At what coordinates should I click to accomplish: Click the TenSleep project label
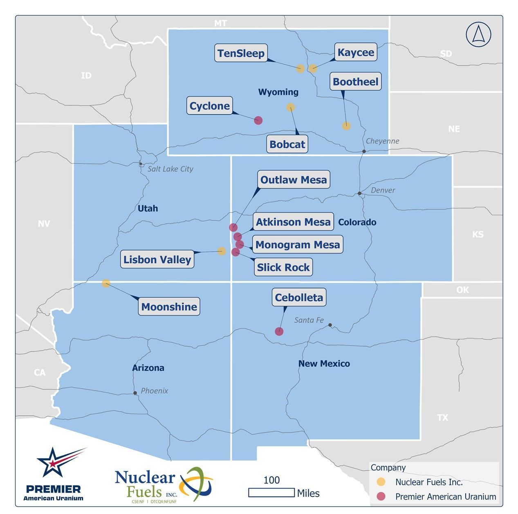pos(241,53)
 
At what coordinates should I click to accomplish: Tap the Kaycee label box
pos(356,52)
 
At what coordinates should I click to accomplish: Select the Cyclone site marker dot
pos(258,120)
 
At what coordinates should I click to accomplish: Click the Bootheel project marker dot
pos(346,126)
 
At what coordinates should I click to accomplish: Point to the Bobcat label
pos(287,144)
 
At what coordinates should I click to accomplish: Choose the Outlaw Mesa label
pos(294,180)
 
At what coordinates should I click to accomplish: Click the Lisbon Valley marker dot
pos(222,251)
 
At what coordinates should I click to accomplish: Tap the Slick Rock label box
pos(283,267)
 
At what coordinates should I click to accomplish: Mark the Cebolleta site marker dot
pos(279,331)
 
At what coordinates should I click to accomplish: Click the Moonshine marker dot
pos(106,283)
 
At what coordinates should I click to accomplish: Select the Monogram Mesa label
pos(297,245)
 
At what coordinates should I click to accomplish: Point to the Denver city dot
pos(359,193)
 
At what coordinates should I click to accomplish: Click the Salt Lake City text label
pos(170,169)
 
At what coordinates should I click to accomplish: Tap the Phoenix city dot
pos(135,393)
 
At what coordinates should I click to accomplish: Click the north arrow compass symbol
pos(478,34)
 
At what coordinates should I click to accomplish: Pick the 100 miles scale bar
pos(271,492)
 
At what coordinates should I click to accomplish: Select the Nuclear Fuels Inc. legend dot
pos(381,482)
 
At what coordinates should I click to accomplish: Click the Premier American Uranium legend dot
pos(381,496)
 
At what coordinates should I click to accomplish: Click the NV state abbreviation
pos(44,223)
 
